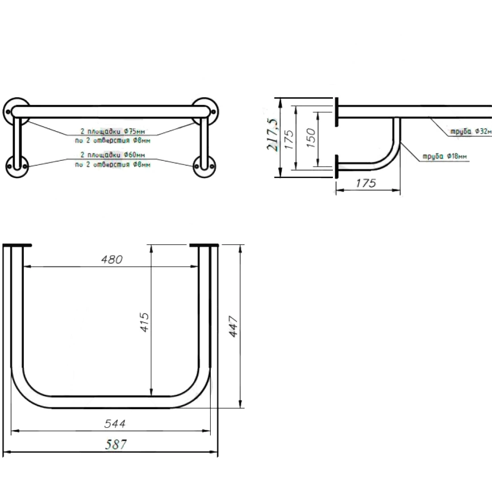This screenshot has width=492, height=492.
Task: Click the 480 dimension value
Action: [112, 260]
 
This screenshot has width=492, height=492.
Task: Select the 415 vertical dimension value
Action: [144, 322]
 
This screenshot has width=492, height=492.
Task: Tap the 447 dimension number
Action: [234, 326]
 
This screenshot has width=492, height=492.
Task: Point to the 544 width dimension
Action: [115, 424]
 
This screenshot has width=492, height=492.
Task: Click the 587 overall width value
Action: [116, 445]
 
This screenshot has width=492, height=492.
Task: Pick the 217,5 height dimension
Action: [272, 134]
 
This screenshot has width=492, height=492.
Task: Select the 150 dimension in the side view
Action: [310, 138]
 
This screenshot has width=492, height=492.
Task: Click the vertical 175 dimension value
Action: [289, 139]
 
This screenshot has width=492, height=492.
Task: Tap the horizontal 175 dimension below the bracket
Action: [366, 183]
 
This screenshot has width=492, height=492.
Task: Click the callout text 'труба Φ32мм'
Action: [471, 131]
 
